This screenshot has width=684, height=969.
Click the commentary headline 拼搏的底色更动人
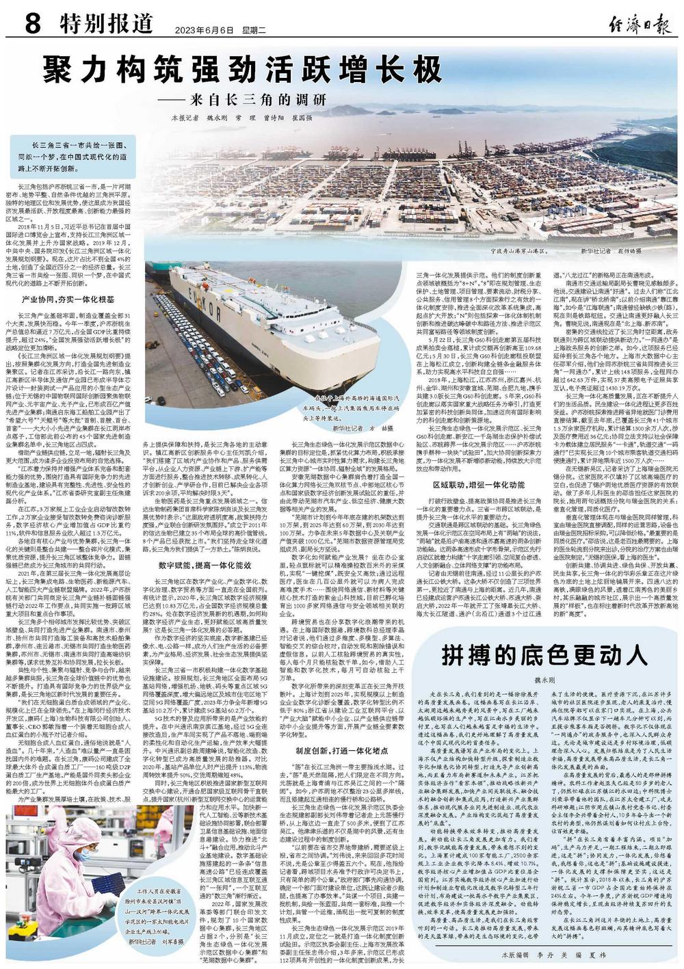tap(544, 655)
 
